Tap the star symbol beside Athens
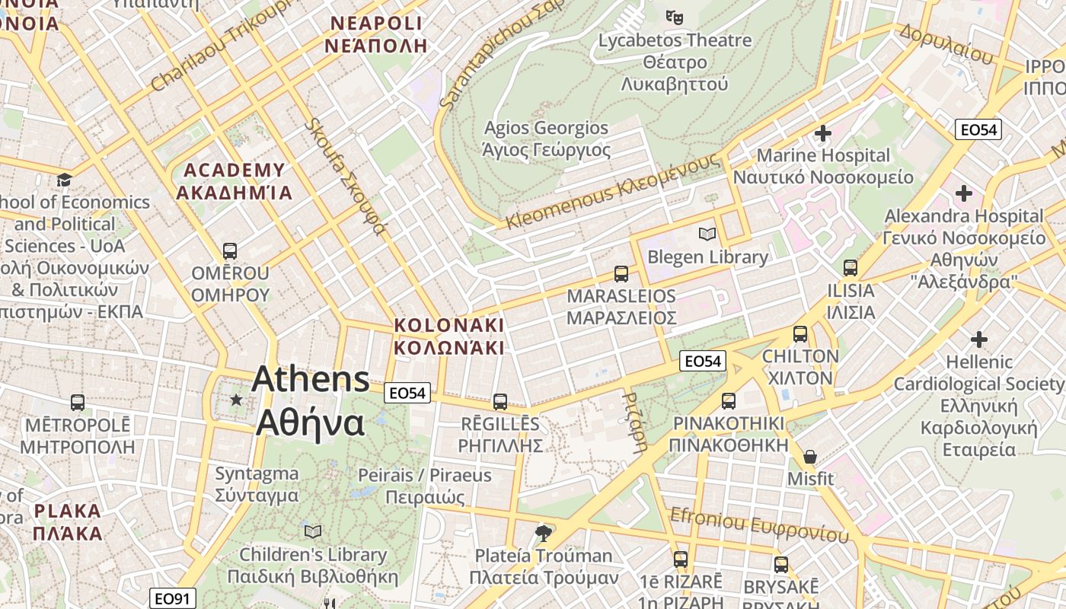pos(237,400)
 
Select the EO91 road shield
pos(171,598)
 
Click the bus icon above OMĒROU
pos(229,250)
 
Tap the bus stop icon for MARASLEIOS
pos(621,273)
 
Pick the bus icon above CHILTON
pos(800,333)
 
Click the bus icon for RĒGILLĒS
pos(500,401)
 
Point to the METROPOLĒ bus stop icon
pos(77,402)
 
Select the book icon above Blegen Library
pos(707,234)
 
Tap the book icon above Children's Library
pos(312,531)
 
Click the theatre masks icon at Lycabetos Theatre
pos(674,16)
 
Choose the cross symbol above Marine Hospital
pos(822,133)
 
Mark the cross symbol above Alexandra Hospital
pos(964,193)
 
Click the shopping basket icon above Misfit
pos(810,457)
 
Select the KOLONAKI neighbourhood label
pos(448,336)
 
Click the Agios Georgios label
pos(547,139)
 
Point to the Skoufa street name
pos(347,177)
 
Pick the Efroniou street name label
pos(759,525)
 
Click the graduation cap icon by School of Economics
pos(65,180)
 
